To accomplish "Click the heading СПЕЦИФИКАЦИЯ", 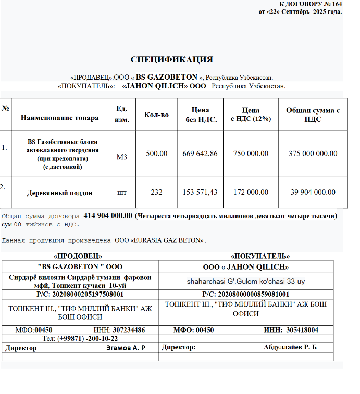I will (x=171, y=59).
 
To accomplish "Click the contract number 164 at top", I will (x=336, y=4).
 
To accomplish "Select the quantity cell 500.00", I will (x=156, y=154).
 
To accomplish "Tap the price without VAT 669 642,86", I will (x=200, y=154).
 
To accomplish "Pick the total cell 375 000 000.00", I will (x=313, y=154).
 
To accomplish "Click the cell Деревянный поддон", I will (x=59, y=193).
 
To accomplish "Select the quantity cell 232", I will (x=156, y=192).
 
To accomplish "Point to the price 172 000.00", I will (x=251, y=192).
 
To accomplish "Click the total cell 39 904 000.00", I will (x=313, y=192).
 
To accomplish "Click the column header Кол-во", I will (x=156, y=114).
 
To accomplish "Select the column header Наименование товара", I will (x=59, y=118).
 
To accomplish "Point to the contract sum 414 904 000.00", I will (x=107, y=215).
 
